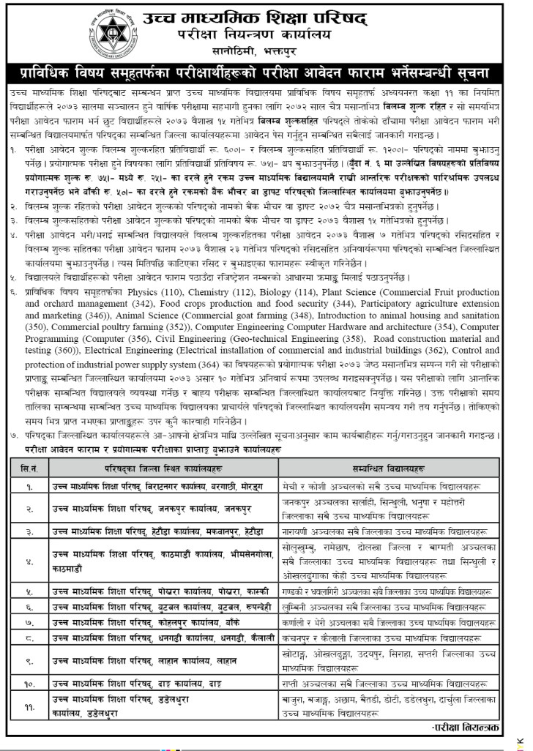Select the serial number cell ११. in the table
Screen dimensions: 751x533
pyautogui.click(x=29, y=706)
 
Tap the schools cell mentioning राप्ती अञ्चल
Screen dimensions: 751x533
pyautogui.click(x=394, y=684)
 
